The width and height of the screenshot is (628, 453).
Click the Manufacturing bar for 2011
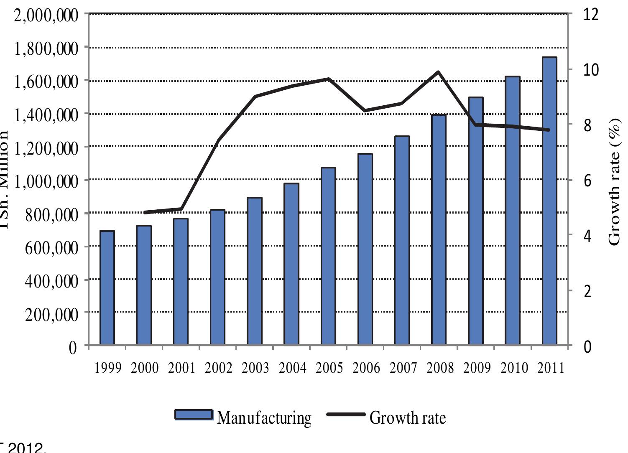pyautogui.click(x=549, y=201)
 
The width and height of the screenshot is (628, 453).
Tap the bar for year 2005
pyautogui.click(x=328, y=256)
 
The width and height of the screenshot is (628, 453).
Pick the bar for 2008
pyautogui.click(x=439, y=230)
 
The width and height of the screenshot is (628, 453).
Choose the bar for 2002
pyautogui.click(x=217, y=277)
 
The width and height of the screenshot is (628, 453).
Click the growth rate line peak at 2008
pyautogui.click(x=438, y=72)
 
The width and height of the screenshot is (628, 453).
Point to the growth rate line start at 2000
pyautogui.click(x=144, y=212)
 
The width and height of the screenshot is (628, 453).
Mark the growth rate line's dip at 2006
pyautogui.click(x=365, y=111)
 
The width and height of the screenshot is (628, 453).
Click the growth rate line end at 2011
pyautogui.click(x=549, y=130)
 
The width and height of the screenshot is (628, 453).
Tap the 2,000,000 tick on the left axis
pyautogui.click(x=46, y=15)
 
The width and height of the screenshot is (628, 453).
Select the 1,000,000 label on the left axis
pyautogui.click(x=46, y=181)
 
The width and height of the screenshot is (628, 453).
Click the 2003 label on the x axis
pyautogui.click(x=255, y=368)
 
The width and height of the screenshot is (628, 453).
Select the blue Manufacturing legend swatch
pyautogui.click(x=194, y=415)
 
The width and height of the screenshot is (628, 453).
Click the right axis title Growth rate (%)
pyautogui.click(x=614, y=182)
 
